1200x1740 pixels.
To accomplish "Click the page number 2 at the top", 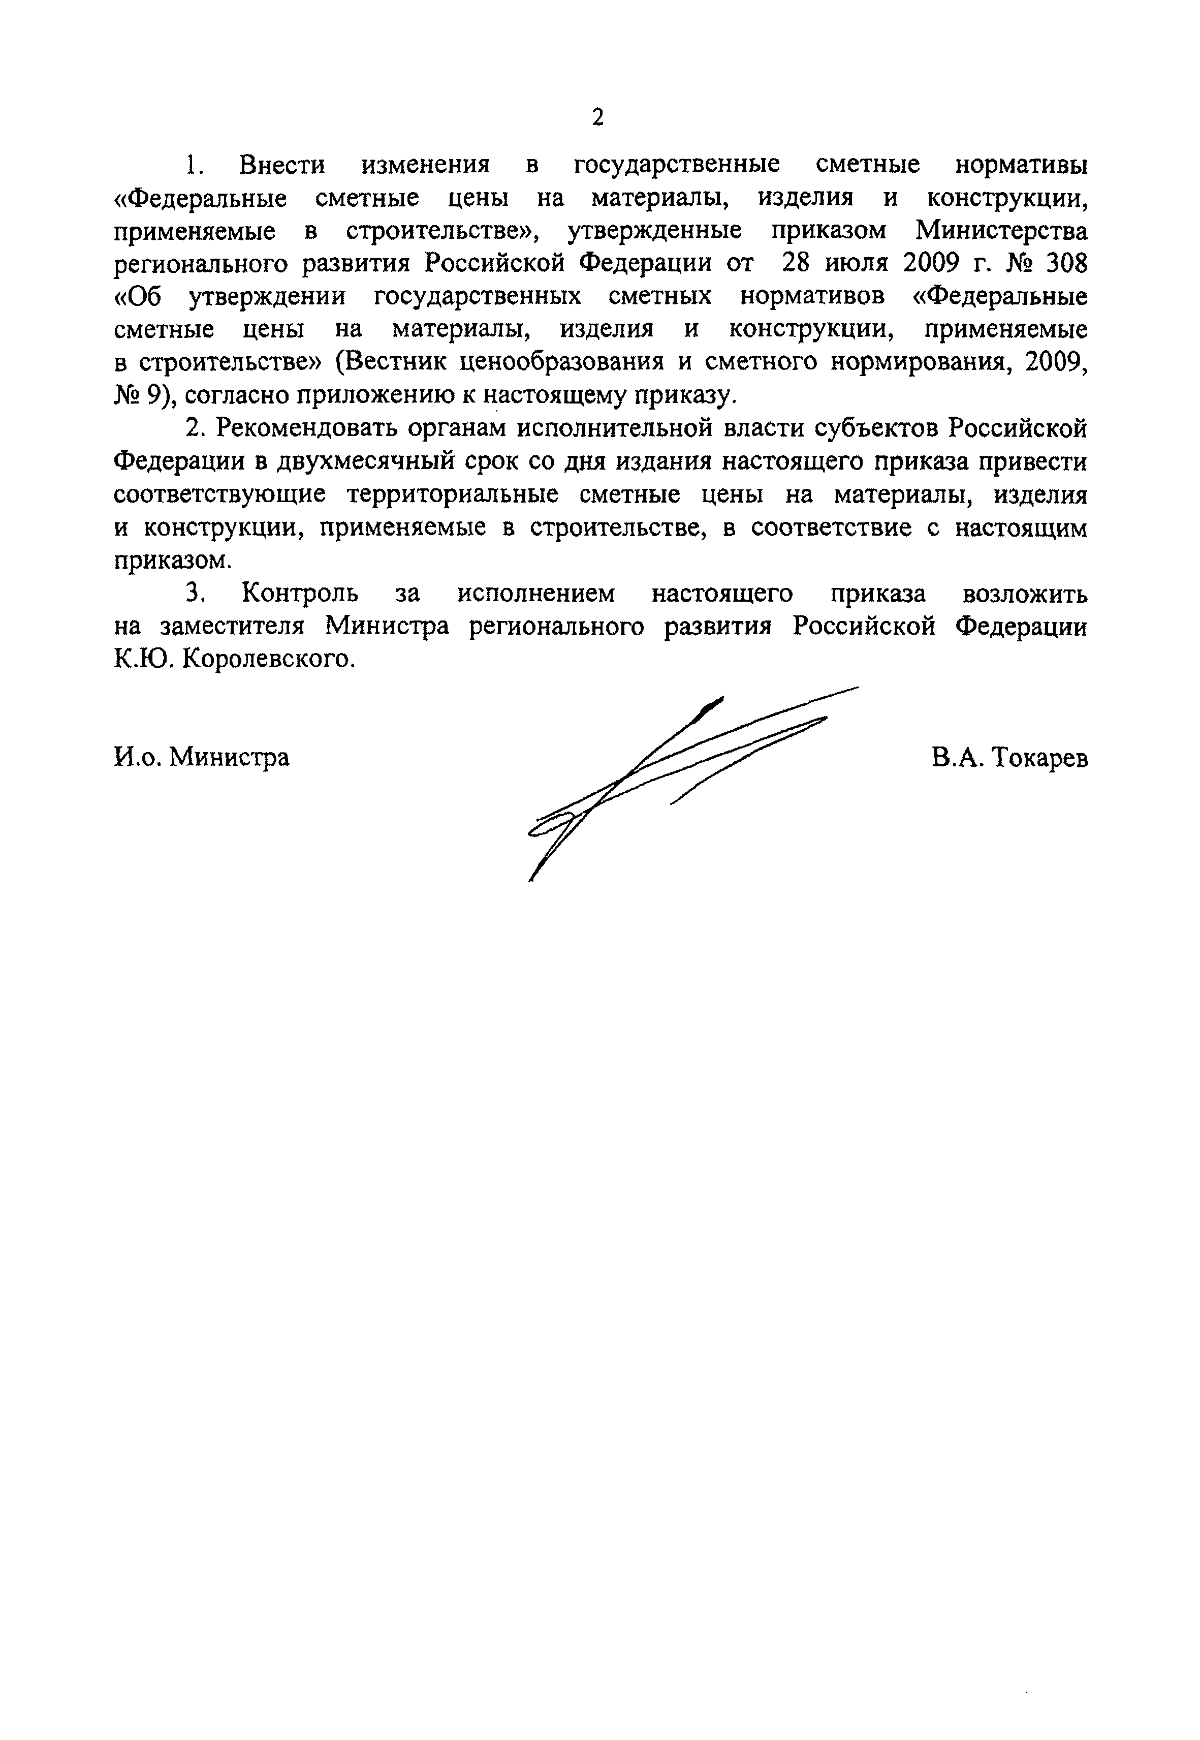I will click(x=598, y=117).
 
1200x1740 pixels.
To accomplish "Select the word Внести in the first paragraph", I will click(x=282, y=165).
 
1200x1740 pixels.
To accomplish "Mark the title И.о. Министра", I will click(x=202, y=757).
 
